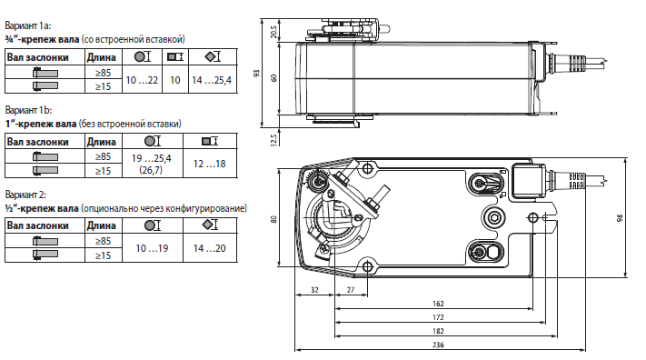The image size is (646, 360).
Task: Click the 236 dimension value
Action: tap(438, 345)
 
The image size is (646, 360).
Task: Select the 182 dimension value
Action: tap(438, 331)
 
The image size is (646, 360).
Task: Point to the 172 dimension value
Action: tap(438, 317)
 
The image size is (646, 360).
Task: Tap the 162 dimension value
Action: tap(438, 304)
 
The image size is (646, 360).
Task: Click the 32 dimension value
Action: tap(314, 290)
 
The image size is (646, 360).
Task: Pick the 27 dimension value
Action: tap(350, 290)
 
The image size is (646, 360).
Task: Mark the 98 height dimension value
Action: tap(620, 218)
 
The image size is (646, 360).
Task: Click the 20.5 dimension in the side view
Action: tap(274, 32)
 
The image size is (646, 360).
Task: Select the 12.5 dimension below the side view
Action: tap(274, 139)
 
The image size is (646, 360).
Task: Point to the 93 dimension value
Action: tap(257, 73)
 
